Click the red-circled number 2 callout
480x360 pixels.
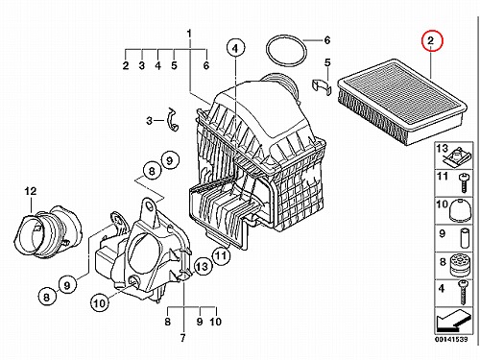[x=431, y=40]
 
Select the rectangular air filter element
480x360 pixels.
[x=402, y=102]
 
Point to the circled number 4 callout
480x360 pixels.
[x=235, y=48]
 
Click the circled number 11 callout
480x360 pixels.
[x=221, y=255]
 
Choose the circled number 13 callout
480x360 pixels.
[x=203, y=266]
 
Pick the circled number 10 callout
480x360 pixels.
[x=100, y=302]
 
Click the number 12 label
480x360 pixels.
[x=31, y=191]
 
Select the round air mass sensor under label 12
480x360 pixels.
[x=48, y=232]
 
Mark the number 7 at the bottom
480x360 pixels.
[x=182, y=338]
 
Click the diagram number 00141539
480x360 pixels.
[x=451, y=339]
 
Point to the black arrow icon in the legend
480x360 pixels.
[x=453, y=320]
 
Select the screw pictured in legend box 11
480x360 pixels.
[x=464, y=182]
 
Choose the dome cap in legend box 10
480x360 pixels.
[x=461, y=209]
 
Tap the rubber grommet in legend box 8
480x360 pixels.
[x=461, y=265]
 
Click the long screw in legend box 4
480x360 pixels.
[x=463, y=292]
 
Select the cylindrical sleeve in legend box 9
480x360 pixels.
[x=464, y=238]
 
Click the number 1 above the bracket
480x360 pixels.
[x=189, y=34]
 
